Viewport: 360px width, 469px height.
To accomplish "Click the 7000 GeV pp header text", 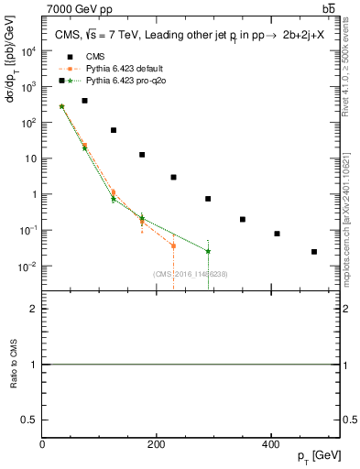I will (x=80, y=8).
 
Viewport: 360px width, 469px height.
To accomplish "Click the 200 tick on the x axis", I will (x=156, y=445).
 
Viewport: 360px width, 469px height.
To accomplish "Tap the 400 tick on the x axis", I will (x=270, y=445).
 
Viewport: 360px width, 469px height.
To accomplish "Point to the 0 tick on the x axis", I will (x=42, y=445).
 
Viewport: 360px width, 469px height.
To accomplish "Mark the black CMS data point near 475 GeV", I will (x=314, y=252).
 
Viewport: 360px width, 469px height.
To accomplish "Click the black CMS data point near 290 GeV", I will (x=208, y=199).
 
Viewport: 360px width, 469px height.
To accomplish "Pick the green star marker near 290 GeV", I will (x=208, y=251).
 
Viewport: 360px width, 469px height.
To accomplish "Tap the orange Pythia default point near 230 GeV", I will (x=173, y=245).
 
